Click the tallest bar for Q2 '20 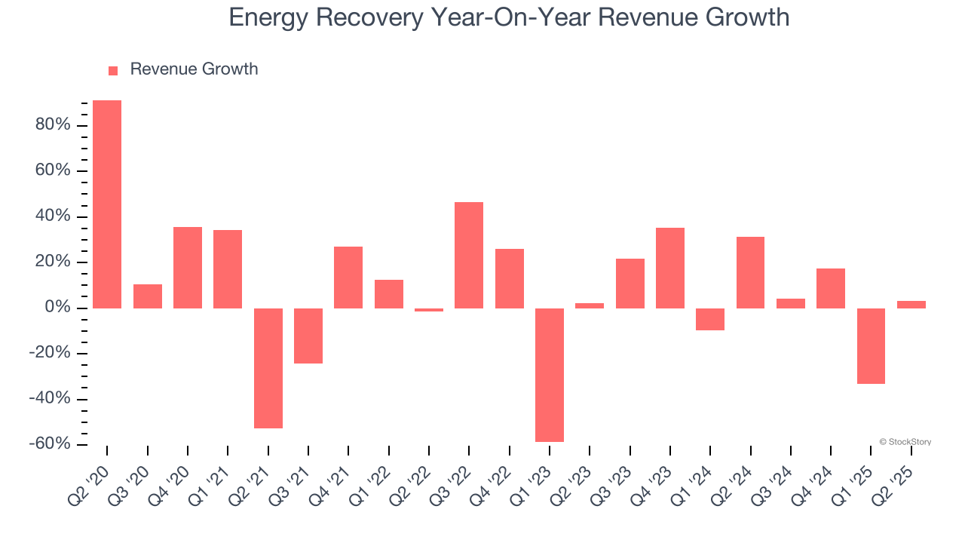pyautogui.click(x=107, y=204)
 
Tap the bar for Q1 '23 pyautogui.click(x=550, y=375)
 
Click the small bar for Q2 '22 pyautogui.click(x=429, y=310)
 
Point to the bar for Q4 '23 pyautogui.click(x=670, y=268)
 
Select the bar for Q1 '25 pyautogui.click(x=871, y=346)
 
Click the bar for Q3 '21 pyautogui.click(x=308, y=336)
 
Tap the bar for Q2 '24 pyautogui.click(x=751, y=272)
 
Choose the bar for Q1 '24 pyautogui.click(x=710, y=319)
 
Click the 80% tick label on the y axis pyautogui.click(x=53, y=125)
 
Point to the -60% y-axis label pyautogui.click(x=50, y=444)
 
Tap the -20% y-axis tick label pyautogui.click(x=50, y=354)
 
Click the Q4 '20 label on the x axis pyautogui.click(x=171, y=471)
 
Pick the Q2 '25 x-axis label pyautogui.click(x=895, y=471)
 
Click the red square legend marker pyautogui.click(x=113, y=71)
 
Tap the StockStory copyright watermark pyautogui.click(x=905, y=442)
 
